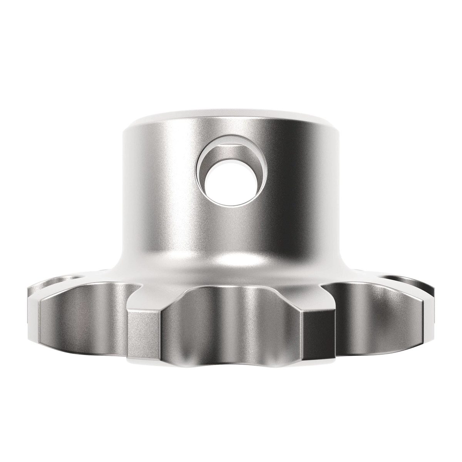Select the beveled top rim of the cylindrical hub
click(231, 117)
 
